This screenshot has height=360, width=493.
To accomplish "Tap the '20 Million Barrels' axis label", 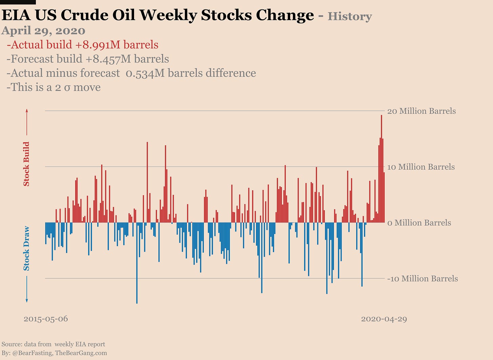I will coord(421,111).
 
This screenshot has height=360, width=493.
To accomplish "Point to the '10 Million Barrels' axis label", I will coord(421,167).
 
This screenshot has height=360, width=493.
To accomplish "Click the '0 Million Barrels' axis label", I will coord(419,223).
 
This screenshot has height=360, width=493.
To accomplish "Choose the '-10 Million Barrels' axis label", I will coord(422,279).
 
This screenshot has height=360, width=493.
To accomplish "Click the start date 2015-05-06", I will coord(46,319).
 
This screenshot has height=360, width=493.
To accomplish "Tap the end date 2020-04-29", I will coord(384,319).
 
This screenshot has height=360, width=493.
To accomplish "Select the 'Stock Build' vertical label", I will coord(26,164).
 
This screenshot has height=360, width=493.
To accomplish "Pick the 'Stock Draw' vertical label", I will coord(26,248).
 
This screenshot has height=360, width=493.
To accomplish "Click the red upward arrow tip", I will coord(27,110).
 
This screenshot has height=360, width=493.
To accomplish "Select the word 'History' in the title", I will coord(349,16).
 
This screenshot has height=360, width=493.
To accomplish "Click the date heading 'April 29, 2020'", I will coord(43,30).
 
